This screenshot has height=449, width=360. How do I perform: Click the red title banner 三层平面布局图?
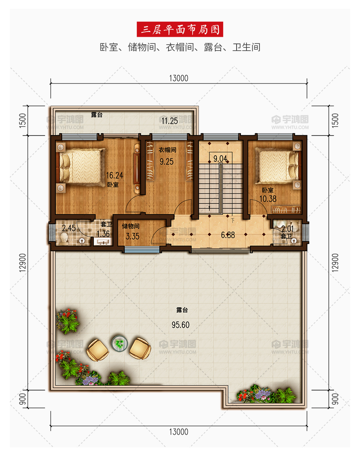click(x=180, y=29)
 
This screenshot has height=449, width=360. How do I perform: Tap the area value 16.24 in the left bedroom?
click(x=115, y=175)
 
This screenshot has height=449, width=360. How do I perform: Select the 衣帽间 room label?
click(x=167, y=150)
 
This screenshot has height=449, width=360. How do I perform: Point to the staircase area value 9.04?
click(x=220, y=158)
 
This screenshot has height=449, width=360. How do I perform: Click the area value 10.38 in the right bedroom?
click(x=268, y=199)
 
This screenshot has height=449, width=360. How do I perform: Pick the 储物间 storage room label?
click(x=131, y=226)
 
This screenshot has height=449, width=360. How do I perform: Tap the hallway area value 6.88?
click(x=228, y=235)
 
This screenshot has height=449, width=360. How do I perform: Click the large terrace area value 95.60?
click(x=180, y=325)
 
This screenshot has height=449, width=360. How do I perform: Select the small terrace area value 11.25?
click(x=169, y=121)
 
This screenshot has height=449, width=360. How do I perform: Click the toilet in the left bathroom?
click(x=64, y=239)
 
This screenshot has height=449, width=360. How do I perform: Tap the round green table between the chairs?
click(x=119, y=343)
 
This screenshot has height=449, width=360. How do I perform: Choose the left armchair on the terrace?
click(x=98, y=350)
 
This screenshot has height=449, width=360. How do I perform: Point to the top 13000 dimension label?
click(x=178, y=78)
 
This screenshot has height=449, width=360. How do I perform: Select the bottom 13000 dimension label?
click(x=178, y=432)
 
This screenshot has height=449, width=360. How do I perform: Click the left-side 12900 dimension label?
click(x=23, y=262)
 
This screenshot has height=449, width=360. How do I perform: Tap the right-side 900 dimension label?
click(x=335, y=399)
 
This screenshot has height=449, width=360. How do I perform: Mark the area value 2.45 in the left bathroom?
click(x=69, y=228)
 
